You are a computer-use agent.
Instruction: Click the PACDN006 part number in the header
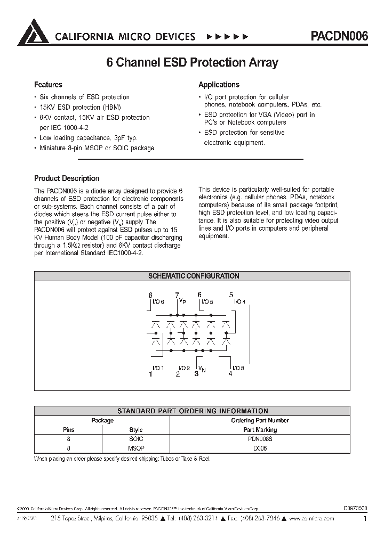pyautogui.click(x=339, y=36)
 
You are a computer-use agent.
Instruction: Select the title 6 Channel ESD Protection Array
pyautogui.click(x=193, y=62)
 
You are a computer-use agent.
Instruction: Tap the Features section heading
pyautogui.click(x=48, y=85)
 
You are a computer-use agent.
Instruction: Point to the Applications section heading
pyautogui.click(x=219, y=85)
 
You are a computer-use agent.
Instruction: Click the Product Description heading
pyautogui.click(x=67, y=178)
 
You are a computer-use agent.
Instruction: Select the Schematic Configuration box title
pyautogui.click(x=193, y=276)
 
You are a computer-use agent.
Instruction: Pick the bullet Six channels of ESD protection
pyautogui.click(x=84, y=97)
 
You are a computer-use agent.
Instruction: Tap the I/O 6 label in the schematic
pyautogui.click(x=158, y=302)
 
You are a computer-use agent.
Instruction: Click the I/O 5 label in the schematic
pyautogui.click(x=207, y=302)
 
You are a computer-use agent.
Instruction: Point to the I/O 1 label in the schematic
pyautogui.click(x=158, y=368)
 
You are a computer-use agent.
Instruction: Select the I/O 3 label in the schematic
pyautogui.click(x=238, y=368)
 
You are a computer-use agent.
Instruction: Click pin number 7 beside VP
pyautogui.click(x=177, y=295)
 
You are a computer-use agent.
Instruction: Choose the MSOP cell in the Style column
pyautogui.click(x=136, y=448)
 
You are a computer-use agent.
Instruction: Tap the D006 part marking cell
pyautogui.click(x=260, y=448)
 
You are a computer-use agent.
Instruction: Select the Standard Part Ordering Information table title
pyautogui.click(x=193, y=411)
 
